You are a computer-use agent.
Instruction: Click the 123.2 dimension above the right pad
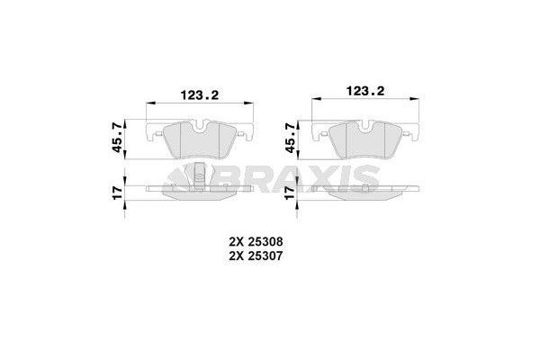point(364,90)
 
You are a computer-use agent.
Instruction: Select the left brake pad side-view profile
point(199,192)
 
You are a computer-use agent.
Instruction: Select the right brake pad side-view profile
point(364,193)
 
